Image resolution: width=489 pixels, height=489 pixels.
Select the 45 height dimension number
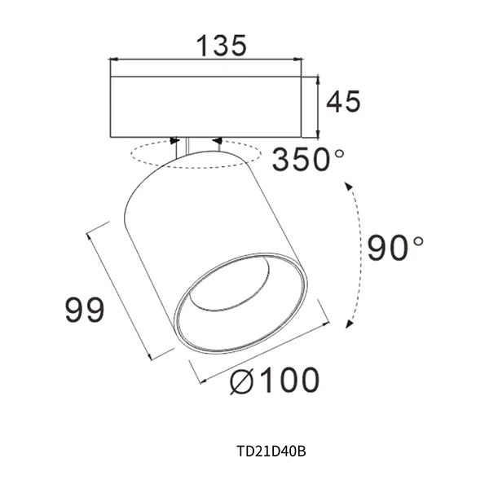click(x=343, y=102)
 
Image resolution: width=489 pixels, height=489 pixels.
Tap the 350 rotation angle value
click(x=301, y=159)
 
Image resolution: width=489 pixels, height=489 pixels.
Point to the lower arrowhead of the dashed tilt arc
click(x=350, y=324)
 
